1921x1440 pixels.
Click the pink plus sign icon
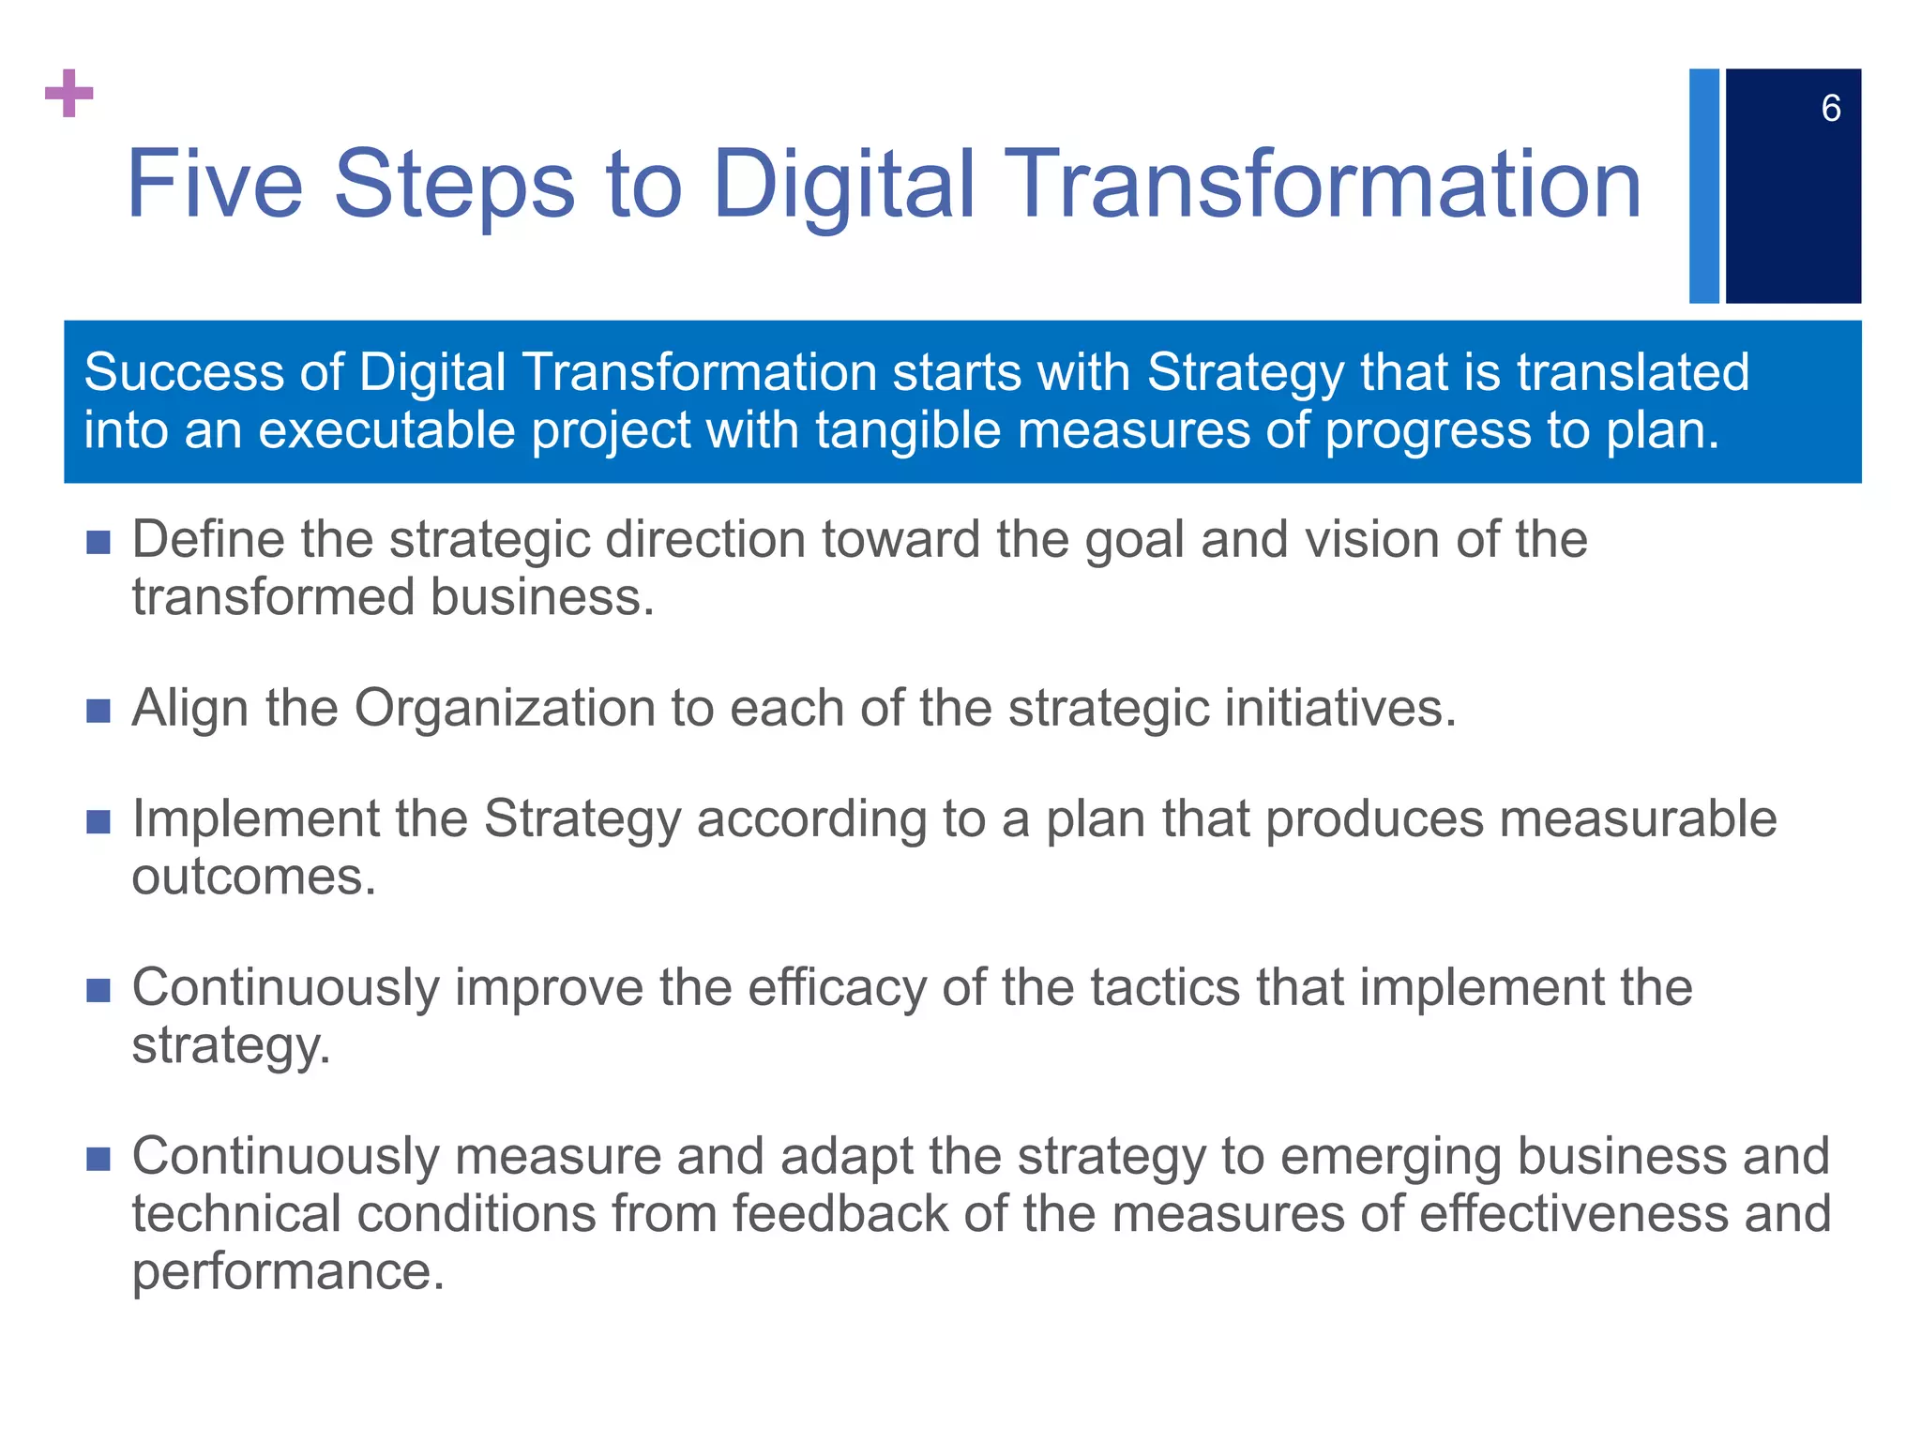[x=68, y=93]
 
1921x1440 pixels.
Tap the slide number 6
[x=1830, y=109]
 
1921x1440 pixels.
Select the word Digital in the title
[x=844, y=186]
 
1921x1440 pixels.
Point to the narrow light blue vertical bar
[x=1703, y=186]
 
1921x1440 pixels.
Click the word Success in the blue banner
[x=184, y=372]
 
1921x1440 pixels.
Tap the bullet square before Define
[x=98, y=542]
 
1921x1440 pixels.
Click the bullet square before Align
[x=98, y=710]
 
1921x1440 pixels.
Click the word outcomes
[x=253, y=877]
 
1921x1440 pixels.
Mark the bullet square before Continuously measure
[x=98, y=1159]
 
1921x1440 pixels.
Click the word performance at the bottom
[x=287, y=1273]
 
